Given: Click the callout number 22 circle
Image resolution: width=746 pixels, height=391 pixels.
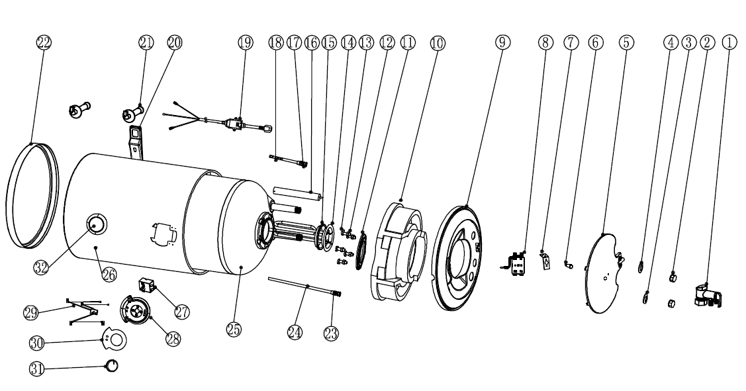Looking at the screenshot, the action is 43,42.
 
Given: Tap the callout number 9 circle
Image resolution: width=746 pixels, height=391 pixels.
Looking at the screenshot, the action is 502,42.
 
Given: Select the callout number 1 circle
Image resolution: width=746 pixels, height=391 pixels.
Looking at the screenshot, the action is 729,42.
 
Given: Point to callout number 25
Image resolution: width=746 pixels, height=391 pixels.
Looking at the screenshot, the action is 234,329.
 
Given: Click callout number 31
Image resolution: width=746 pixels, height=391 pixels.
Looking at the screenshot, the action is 37,369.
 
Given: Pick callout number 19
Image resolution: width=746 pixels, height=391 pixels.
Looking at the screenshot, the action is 246,42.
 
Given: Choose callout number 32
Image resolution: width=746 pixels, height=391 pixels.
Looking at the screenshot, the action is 41,267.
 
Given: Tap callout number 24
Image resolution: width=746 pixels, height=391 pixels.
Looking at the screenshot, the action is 295,331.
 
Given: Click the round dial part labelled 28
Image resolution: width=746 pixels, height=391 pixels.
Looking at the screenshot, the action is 135,311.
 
